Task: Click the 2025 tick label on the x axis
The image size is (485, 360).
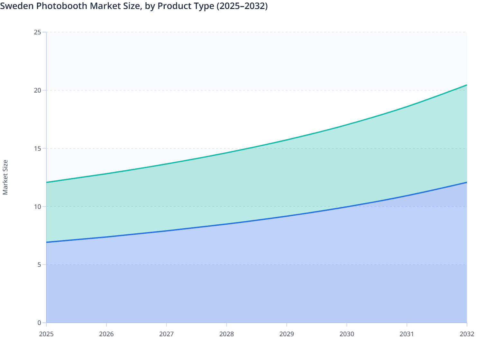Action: [46, 334]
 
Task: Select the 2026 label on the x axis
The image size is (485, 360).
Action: [106, 334]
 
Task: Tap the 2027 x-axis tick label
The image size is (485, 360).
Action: [167, 334]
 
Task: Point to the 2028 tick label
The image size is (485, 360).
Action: [227, 334]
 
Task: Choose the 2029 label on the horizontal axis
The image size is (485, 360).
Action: [287, 334]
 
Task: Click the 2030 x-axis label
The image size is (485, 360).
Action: [347, 334]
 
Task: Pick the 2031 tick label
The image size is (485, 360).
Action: [407, 334]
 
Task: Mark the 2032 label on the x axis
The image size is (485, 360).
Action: [467, 334]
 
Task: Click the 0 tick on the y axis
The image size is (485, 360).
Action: [39, 323]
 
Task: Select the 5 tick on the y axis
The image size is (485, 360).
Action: [39, 265]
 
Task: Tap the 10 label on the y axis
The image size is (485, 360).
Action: [38, 206]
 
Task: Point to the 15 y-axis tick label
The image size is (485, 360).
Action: [38, 148]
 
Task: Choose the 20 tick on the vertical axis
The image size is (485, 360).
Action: [38, 90]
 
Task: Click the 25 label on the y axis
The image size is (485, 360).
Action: [38, 32]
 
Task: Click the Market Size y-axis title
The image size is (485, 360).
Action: [5, 177]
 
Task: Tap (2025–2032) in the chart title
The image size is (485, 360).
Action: [242, 6]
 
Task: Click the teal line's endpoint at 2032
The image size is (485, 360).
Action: [467, 85]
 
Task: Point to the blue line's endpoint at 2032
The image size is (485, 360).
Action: [467, 182]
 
